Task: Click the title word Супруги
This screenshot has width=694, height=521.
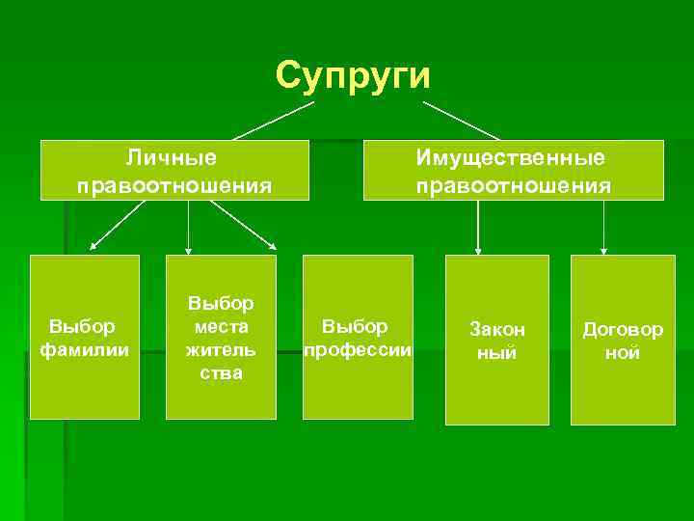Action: [x=353, y=74]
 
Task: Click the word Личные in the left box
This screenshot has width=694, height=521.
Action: [x=173, y=156]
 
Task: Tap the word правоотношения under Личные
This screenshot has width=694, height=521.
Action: [x=173, y=184]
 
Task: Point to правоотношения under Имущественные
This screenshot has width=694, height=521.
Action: [x=513, y=184]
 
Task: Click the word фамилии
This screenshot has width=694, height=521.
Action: [x=84, y=349]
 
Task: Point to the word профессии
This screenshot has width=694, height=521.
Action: [x=358, y=349]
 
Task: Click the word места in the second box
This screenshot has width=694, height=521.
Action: [x=221, y=327]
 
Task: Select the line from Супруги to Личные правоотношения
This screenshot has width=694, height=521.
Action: [x=273, y=122]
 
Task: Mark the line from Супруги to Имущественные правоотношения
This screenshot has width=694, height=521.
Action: [x=461, y=121]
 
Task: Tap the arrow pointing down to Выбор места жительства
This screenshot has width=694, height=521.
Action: [x=188, y=227]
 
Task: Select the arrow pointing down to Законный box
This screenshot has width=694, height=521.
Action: [x=478, y=227]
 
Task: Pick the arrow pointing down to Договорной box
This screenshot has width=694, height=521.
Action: [x=603, y=227]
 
